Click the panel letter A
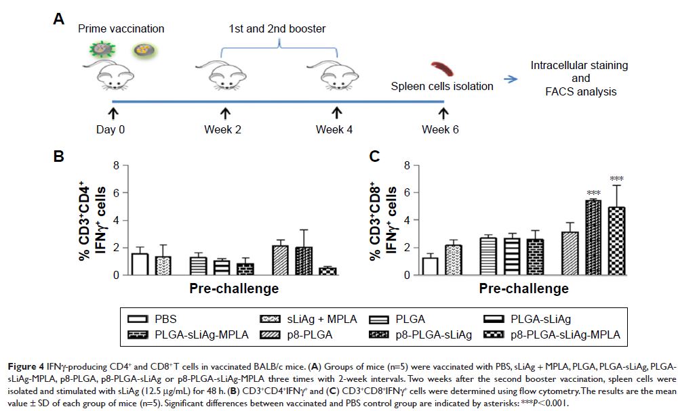click(59, 19)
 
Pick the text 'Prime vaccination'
click(121, 29)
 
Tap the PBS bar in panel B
click(140, 264)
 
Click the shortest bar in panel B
click(328, 271)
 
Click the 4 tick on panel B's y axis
click(115, 220)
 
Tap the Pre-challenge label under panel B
click(224, 289)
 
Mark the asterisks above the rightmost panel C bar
click(616, 179)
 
